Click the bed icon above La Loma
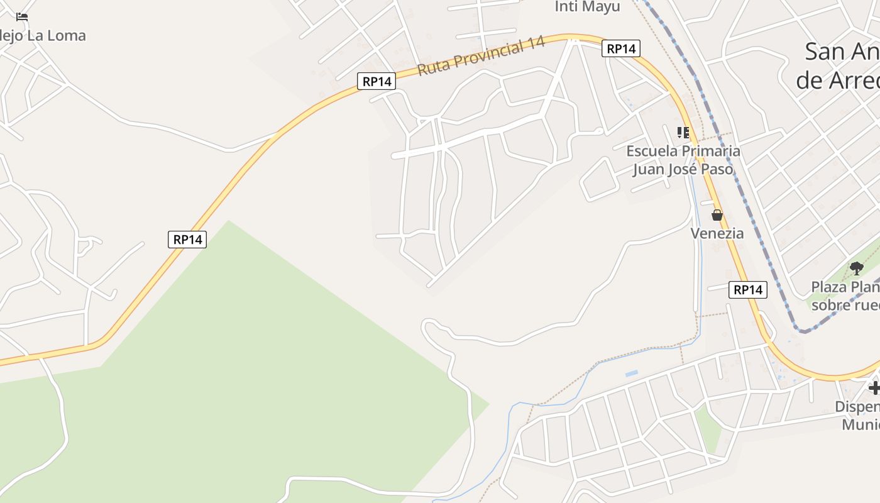tap(22, 17)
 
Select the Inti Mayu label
tap(587, 7)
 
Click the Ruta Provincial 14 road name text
tap(481, 57)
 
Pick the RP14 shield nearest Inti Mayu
tap(620, 48)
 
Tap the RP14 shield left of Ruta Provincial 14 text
tap(377, 81)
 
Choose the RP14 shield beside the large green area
tap(187, 239)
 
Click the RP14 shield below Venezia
tap(748, 290)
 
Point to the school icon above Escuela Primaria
tap(683, 133)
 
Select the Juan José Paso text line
tap(683, 169)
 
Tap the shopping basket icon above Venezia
tap(717, 215)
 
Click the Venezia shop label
tap(717, 233)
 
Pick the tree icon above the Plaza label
tap(856, 268)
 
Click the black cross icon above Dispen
tap(874, 387)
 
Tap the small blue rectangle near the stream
tap(632, 373)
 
